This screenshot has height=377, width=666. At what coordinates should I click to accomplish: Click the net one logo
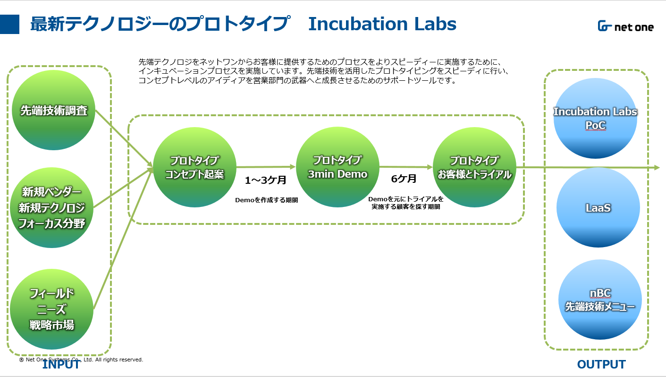point(625,26)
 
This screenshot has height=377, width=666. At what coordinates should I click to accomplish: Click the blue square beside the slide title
point(9,24)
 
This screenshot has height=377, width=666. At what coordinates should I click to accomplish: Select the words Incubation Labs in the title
point(382,24)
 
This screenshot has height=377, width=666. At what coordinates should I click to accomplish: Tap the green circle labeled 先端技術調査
point(53,110)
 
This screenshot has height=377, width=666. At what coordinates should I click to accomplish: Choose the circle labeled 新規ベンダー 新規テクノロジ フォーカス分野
point(52,207)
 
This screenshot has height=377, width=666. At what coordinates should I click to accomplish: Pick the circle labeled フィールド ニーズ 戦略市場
point(52,309)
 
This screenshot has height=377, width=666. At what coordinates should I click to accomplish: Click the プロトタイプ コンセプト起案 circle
point(195,167)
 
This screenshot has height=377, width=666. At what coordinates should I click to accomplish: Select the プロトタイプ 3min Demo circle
point(337,167)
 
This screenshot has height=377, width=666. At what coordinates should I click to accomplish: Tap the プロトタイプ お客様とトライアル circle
point(474,167)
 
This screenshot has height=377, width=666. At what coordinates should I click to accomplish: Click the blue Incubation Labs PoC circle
point(595,118)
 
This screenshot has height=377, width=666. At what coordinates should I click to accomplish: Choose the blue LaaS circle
point(598,207)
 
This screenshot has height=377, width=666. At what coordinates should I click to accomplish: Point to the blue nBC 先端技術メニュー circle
point(600,300)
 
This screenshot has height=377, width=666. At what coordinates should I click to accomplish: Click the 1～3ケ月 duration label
point(266,180)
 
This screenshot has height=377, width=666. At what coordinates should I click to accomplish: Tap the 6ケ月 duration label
point(404,179)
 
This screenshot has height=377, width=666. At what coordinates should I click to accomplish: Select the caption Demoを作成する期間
point(266,200)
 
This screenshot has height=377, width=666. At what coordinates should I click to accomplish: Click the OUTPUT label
point(601,364)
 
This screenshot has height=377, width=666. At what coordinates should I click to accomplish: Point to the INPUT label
point(61,365)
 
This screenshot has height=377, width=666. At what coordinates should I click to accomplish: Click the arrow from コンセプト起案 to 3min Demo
point(266,167)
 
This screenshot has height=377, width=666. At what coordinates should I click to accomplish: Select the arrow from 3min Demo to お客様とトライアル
point(406,167)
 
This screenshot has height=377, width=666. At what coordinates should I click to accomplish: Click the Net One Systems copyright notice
point(81,360)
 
